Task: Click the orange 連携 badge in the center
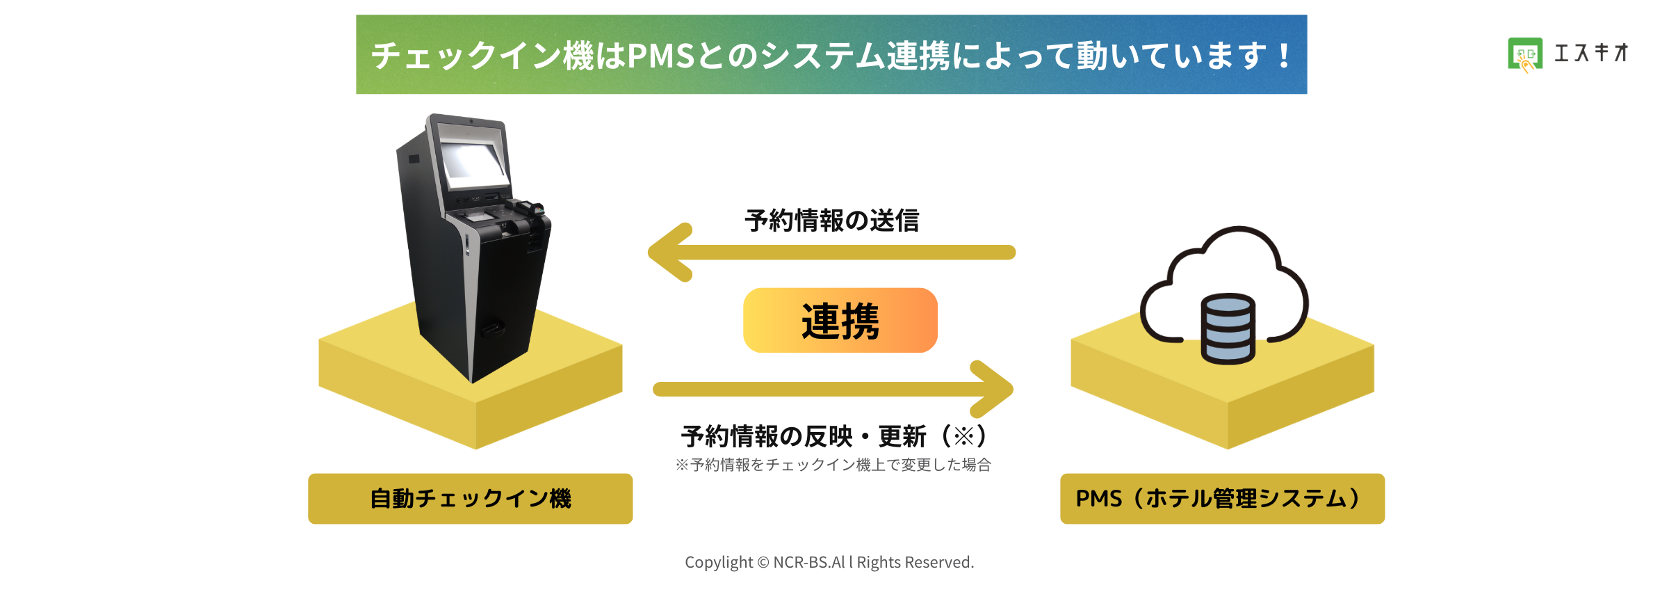pyautogui.click(x=840, y=320)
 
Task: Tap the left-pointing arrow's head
pyautogui.click(x=669, y=252)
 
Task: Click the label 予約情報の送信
pyautogui.click(x=831, y=221)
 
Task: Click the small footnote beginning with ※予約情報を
pyautogui.click(x=833, y=465)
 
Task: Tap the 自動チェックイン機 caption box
pyautogui.click(x=470, y=498)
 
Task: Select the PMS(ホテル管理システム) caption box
pyautogui.click(x=1222, y=498)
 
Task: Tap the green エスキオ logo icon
pyautogui.click(x=1525, y=54)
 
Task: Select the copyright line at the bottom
pyautogui.click(x=829, y=562)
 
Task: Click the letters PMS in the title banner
pyautogui.click(x=661, y=56)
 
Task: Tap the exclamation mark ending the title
pyautogui.click(x=1283, y=56)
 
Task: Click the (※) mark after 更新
pyautogui.click(x=964, y=436)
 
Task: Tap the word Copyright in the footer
pyautogui.click(x=719, y=562)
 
